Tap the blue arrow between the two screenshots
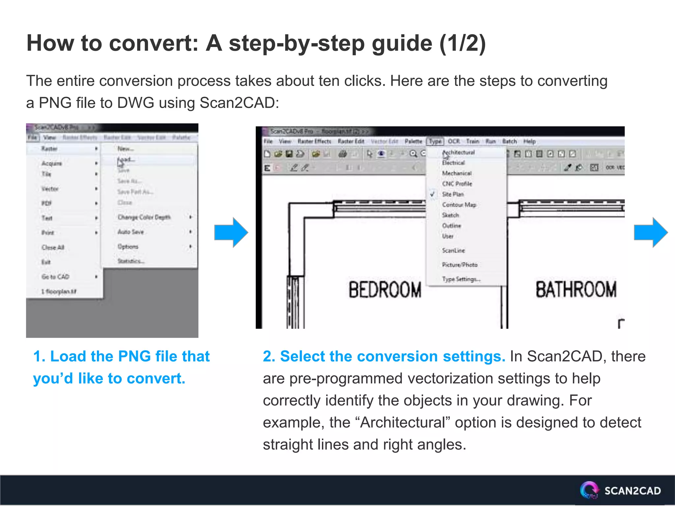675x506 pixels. point(231,232)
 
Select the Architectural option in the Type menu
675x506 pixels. point(458,153)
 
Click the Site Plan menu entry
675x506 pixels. point(453,194)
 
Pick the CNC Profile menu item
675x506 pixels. point(457,184)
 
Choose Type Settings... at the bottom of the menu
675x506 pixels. point(461,279)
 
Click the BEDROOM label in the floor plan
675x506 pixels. point(385,290)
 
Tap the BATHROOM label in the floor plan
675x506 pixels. point(575,290)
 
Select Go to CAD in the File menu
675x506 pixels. point(55,277)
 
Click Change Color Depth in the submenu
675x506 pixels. point(144,217)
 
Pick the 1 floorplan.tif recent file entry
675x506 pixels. point(59,292)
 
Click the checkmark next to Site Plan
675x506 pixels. point(432,194)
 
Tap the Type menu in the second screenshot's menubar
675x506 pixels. point(435,141)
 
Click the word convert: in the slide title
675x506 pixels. point(153,43)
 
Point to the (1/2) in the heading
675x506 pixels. point(462,43)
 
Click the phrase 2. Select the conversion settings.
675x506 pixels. point(384,356)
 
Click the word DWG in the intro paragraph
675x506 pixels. point(135,103)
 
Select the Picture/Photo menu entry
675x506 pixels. point(459,265)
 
